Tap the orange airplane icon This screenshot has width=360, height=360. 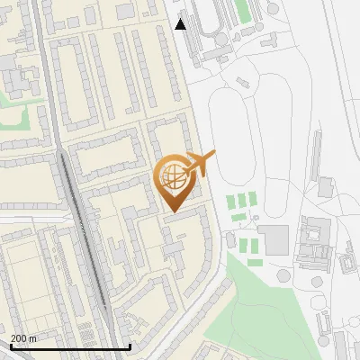(200, 164)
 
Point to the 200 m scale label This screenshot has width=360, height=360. (23, 337)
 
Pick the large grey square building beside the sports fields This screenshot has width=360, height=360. (274, 239)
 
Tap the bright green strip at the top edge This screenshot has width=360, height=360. (242, 11)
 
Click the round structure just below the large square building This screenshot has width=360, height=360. (283, 274)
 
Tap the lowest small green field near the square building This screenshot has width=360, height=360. (255, 263)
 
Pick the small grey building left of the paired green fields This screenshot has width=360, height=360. (231, 240)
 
